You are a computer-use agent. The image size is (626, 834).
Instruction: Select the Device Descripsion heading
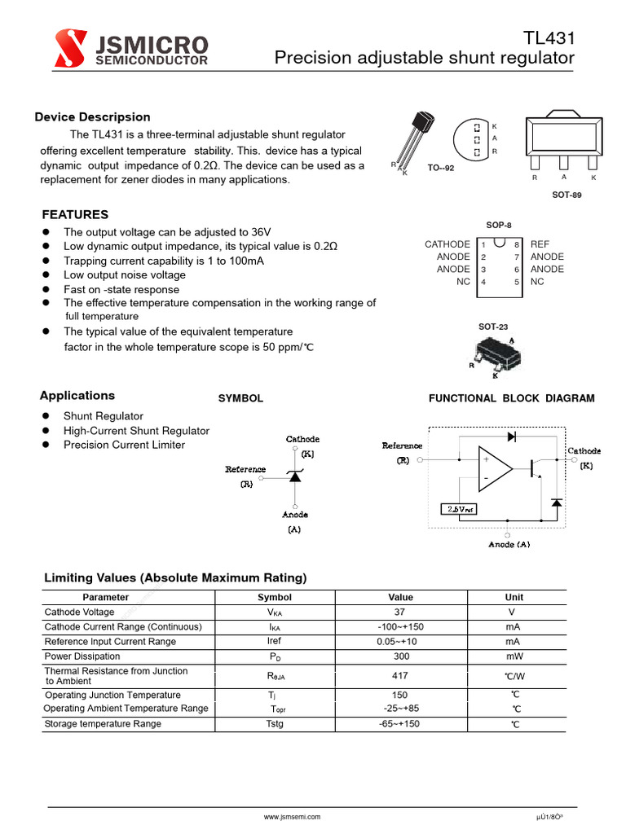coord(92,117)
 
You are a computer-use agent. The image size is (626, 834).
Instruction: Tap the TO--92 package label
coord(441,168)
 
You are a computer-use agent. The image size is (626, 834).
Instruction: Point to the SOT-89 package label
coord(566,195)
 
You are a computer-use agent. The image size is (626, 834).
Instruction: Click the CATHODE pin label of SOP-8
coord(447,244)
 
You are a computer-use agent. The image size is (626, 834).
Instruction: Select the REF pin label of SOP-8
coord(540,244)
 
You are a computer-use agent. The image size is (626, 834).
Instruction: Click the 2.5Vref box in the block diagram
coord(459,509)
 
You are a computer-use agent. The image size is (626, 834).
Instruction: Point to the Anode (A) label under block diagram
coord(509,544)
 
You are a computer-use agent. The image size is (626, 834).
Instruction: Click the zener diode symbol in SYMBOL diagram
coord(295,476)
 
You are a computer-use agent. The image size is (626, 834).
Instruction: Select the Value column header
coord(401,597)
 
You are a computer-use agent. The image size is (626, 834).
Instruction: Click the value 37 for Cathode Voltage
coord(400,612)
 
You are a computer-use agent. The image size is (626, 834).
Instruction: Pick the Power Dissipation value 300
coord(400,656)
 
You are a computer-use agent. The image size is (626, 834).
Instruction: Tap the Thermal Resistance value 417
coord(400,676)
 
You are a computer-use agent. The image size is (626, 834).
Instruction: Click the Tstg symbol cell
coord(275,724)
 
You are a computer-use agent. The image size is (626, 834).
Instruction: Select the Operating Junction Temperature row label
coord(112,696)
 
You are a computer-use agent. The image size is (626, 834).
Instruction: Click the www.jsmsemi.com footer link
coord(292,816)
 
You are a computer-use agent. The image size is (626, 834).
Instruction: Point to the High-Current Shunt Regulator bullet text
coord(136,431)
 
